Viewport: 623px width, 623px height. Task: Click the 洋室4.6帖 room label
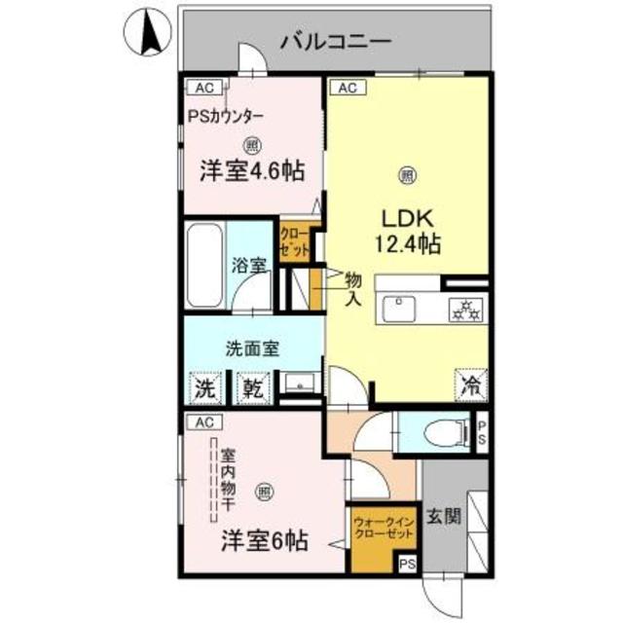[252, 171]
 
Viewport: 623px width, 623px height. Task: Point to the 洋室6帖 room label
[263, 539]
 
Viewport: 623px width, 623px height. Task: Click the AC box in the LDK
[348, 88]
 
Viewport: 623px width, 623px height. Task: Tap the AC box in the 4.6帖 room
[203, 88]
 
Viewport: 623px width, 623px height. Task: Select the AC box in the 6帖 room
[203, 422]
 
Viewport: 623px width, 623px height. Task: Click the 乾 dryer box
[252, 387]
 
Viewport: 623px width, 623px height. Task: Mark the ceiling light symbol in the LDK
[407, 175]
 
